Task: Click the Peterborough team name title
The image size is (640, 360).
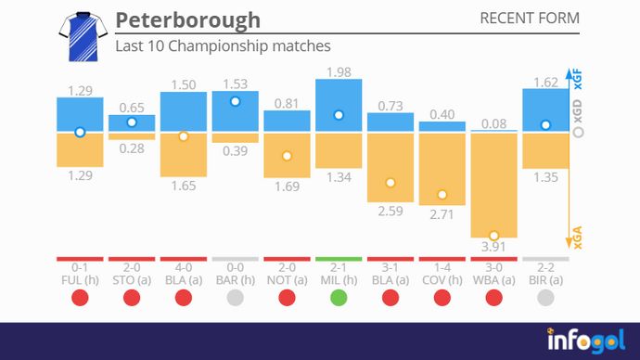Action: click(187, 20)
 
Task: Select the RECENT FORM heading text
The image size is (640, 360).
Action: click(530, 19)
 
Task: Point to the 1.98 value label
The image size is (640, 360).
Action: click(339, 71)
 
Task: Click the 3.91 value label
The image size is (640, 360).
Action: click(493, 248)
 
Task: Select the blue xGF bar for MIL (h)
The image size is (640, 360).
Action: click(339, 105)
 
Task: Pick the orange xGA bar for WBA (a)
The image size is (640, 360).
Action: click(493, 186)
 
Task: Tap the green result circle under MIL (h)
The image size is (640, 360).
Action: click(339, 298)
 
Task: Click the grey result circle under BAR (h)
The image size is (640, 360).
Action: click(235, 298)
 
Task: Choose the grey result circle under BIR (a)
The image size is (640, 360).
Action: click(545, 298)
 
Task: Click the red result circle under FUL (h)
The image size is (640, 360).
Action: click(80, 298)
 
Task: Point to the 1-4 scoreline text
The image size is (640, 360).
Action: click(442, 268)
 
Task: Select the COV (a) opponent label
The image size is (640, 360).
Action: click(442, 279)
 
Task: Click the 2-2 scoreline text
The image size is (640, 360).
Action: click(545, 268)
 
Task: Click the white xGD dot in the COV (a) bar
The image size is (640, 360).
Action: click(442, 195)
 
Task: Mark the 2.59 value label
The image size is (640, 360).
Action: click(390, 212)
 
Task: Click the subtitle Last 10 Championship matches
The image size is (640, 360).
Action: click(223, 45)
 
